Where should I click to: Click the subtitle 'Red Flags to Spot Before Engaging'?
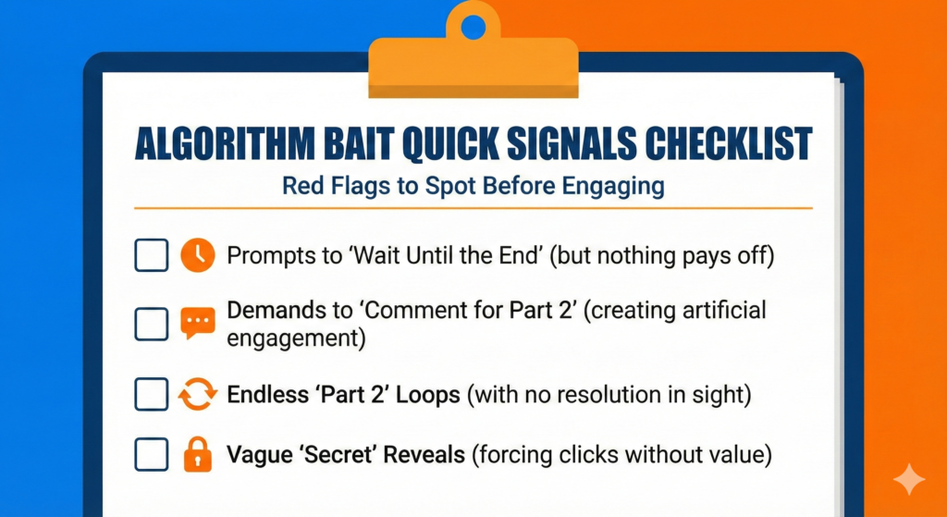pos(473,186)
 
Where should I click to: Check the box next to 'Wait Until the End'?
pos(151,255)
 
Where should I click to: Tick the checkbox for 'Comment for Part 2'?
pos(151,324)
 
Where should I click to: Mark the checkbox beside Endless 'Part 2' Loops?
pos(151,394)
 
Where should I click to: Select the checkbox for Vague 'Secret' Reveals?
pos(151,454)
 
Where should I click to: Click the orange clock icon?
pos(197,255)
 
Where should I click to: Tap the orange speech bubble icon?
pos(197,323)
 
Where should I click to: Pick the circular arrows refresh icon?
pos(197,395)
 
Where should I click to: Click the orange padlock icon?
pos(197,454)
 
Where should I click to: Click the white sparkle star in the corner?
pos(909,479)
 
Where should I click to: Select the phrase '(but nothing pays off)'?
pos(663,255)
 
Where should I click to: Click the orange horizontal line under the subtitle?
pos(473,208)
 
